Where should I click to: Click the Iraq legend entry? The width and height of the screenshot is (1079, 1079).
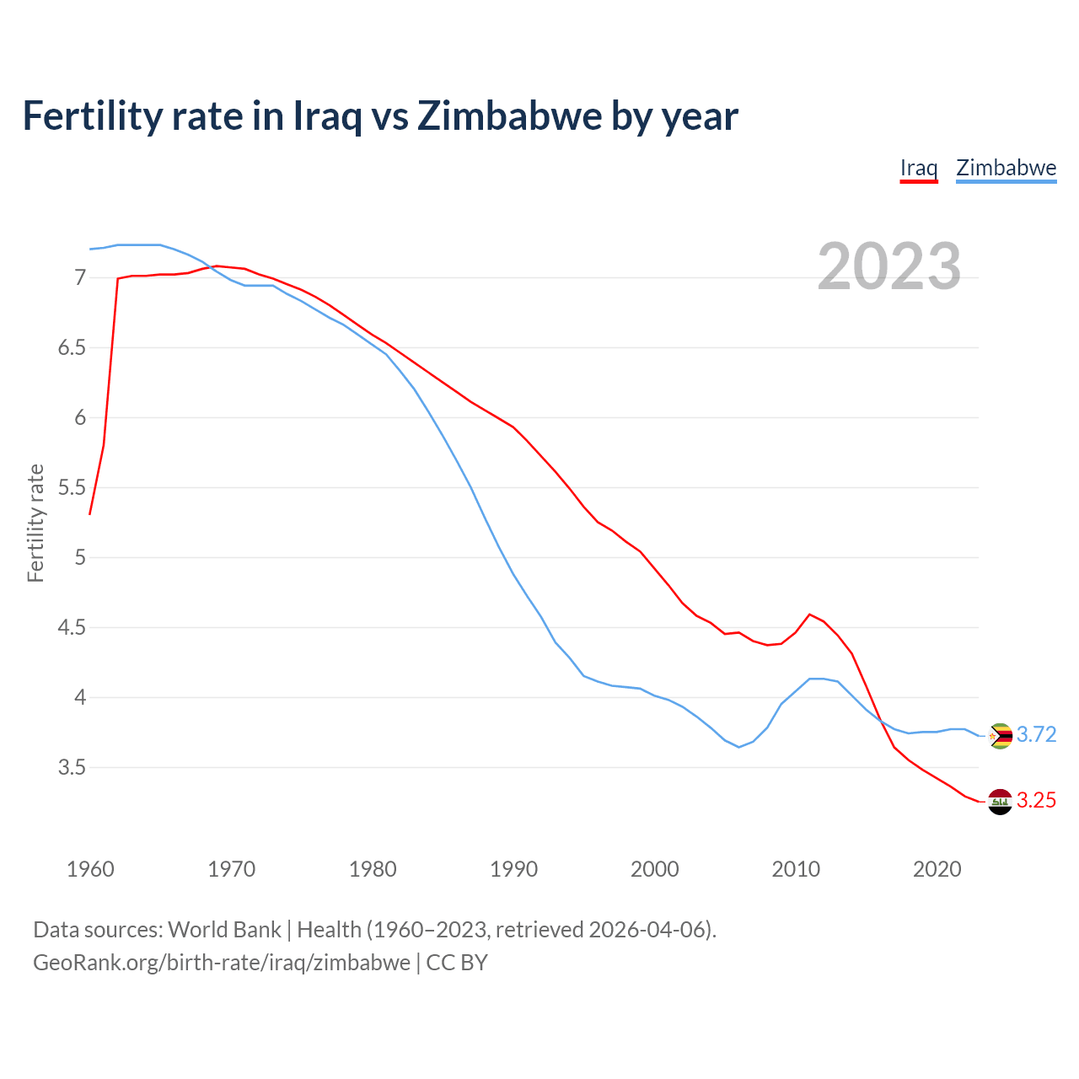(919, 168)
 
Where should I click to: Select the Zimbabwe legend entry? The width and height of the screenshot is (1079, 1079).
(1006, 168)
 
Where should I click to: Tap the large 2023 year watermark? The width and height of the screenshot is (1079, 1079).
(888, 266)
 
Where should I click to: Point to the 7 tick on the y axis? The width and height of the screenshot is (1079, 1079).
(80, 277)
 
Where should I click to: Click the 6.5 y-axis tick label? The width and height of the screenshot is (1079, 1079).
(72, 347)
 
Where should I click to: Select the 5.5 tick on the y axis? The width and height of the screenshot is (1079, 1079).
(72, 487)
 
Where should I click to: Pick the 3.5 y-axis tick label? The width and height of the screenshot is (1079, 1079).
(72, 767)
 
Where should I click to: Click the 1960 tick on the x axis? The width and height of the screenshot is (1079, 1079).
(90, 869)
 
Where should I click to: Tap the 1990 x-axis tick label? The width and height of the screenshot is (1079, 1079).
(513, 869)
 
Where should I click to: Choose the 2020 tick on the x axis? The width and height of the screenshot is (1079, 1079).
(937, 869)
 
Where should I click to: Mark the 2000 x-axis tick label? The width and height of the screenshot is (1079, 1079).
(654, 869)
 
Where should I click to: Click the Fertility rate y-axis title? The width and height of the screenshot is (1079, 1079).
(35, 523)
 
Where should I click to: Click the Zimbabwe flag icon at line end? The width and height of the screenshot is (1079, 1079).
(1000, 736)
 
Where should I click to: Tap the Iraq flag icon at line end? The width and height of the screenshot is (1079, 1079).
(1000, 802)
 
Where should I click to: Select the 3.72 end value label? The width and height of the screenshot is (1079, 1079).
(1036, 734)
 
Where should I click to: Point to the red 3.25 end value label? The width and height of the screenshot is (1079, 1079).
(1036, 800)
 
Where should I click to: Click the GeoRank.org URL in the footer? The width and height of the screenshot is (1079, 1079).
(221, 962)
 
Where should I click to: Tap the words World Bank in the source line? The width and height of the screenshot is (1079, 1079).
(224, 929)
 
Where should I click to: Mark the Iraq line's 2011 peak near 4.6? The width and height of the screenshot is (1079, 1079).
(809, 615)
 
